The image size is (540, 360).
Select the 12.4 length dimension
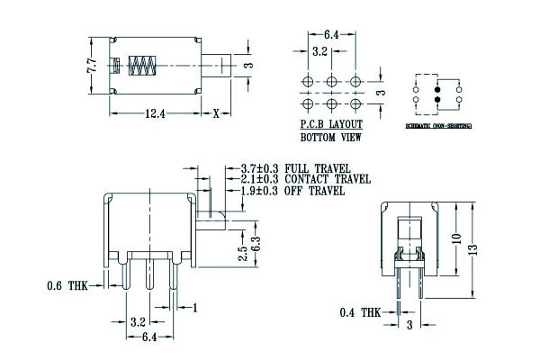coord(153,112)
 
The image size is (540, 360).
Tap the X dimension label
coord(217,112)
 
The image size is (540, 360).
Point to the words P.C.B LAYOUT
coord(331,125)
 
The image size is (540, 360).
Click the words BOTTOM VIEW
coord(330,139)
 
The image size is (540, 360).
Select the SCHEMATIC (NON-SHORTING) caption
coord(437,127)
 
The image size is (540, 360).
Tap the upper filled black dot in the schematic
coord(438,90)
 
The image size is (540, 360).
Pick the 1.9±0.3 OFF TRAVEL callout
coord(292,191)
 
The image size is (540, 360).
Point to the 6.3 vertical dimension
coord(256,243)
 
